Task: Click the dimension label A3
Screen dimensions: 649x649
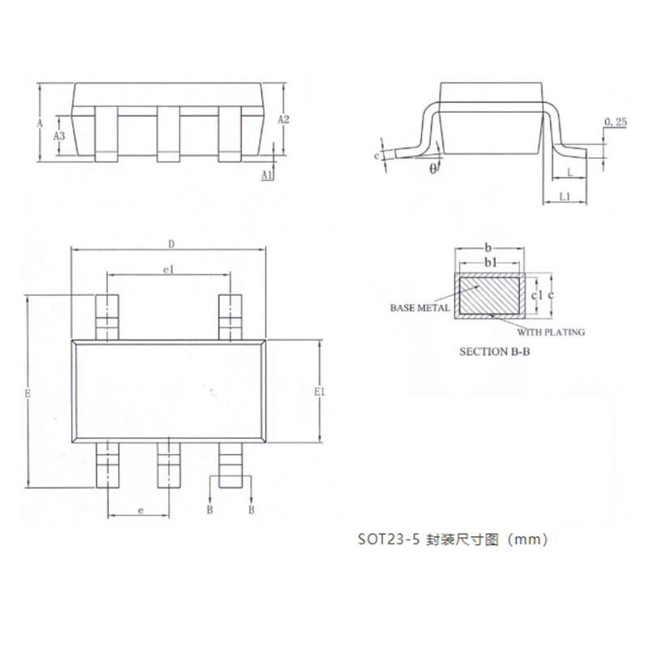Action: pos(59,135)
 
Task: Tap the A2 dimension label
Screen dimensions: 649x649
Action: pos(283,119)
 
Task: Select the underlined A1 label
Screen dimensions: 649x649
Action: pos(268,175)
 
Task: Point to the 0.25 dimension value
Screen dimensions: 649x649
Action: pos(616,122)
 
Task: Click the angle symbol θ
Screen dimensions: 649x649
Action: pos(433,169)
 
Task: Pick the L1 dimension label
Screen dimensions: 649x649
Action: pos(565,196)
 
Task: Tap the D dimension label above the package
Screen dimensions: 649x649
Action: pos(171,244)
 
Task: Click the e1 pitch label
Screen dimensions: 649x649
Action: pos(169,270)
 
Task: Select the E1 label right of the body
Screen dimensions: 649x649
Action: pos(320,392)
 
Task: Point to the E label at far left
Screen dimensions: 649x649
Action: pos(28,393)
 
